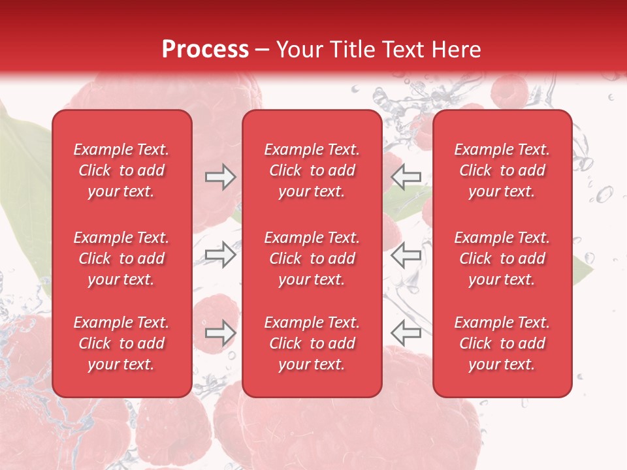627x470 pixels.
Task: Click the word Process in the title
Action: (x=205, y=50)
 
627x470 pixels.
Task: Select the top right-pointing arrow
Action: (x=220, y=177)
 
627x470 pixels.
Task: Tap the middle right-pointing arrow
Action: (x=220, y=255)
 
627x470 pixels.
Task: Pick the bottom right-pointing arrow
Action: (x=220, y=333)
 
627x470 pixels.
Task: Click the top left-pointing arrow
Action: (x=406, y=177)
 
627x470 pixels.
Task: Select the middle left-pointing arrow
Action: (x=406, y=255)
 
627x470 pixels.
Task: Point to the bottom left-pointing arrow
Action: (x=406, y=333)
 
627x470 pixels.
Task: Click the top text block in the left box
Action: (x=121, y=170)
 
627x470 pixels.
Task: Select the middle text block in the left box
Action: (x=121, y=258)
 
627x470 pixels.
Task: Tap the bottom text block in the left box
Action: (x=121, y=343)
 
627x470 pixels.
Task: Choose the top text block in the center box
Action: (x=312, y=170)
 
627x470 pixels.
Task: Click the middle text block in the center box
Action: (x=312, y=258)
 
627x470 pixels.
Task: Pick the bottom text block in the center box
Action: (x=312, y=343)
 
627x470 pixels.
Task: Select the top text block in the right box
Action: (x=502, y=170)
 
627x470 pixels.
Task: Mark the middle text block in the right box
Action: (x=502, y=258)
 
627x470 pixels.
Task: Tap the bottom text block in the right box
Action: (x=502, y=343)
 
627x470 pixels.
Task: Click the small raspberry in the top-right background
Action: (x=509, y=91)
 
